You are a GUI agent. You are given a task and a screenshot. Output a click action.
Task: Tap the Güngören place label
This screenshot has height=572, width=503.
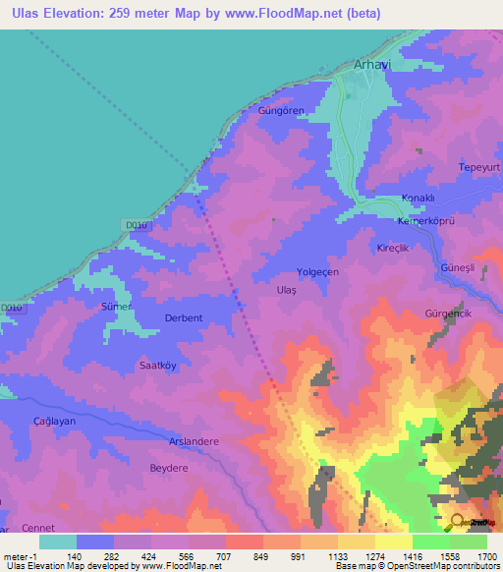pos(278,110)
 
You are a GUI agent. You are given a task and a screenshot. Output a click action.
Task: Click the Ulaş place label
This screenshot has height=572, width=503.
pos(286,291)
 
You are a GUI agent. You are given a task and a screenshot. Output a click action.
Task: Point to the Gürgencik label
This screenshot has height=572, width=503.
pos(447,313)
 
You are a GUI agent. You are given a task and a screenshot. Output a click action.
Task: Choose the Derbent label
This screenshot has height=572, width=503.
pos(184,318)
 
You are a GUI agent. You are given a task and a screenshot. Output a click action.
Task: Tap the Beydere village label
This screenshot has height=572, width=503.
pos(168,469)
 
